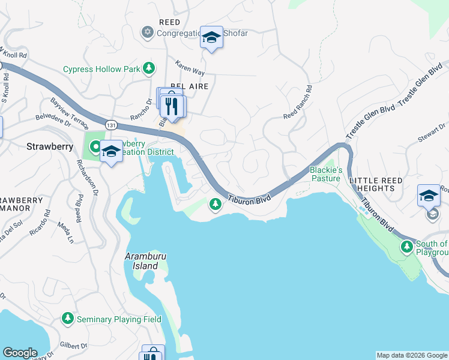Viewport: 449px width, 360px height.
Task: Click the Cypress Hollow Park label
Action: point(101,69)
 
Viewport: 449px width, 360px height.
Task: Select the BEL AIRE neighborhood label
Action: point(189,86)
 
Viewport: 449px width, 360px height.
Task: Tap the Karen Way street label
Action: point(190,67)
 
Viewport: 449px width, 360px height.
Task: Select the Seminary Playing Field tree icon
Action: point(68,319)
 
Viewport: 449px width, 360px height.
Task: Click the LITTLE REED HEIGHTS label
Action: point(381,184)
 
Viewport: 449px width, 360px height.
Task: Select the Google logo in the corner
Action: point(20,353)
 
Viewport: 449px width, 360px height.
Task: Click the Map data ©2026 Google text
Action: point(412,355)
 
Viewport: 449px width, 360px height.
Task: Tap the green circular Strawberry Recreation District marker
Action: point(95,146)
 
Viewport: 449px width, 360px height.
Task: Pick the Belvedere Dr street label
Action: point(53,115)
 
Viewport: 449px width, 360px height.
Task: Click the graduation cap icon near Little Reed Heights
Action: point(429,195)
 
